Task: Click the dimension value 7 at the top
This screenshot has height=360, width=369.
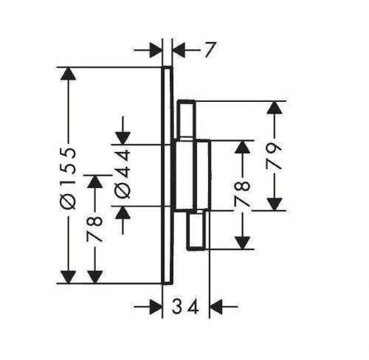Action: (210, 50)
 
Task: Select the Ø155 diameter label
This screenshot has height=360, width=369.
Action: (68, 179)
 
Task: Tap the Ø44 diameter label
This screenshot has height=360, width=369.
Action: (123, 174)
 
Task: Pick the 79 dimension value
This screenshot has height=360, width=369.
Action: (274, 156)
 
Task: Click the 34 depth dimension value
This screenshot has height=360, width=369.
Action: (185, 307)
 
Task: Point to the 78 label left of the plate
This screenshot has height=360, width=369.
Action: (94, 229)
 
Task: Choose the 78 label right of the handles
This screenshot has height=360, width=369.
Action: (242, 193)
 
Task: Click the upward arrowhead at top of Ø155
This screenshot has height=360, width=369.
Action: (68, 73)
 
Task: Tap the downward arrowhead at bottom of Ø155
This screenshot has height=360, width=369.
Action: (68, 277)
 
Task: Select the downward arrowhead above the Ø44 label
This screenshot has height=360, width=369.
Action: (123, 138)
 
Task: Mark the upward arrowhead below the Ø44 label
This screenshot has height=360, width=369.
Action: (123, 212)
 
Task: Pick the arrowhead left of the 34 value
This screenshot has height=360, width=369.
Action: (156, 307)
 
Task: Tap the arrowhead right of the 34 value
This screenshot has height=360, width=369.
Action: (215, 307)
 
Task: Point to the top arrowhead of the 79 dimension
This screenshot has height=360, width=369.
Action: (275, 107)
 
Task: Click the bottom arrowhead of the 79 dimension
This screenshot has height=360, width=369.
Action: (275, 204)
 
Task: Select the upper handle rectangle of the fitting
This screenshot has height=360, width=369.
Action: (187, 119)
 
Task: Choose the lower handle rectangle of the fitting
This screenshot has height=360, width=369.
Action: (196, 230)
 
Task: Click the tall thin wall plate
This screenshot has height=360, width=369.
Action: (167, 175)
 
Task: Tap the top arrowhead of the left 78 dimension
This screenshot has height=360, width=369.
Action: (94, 181)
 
